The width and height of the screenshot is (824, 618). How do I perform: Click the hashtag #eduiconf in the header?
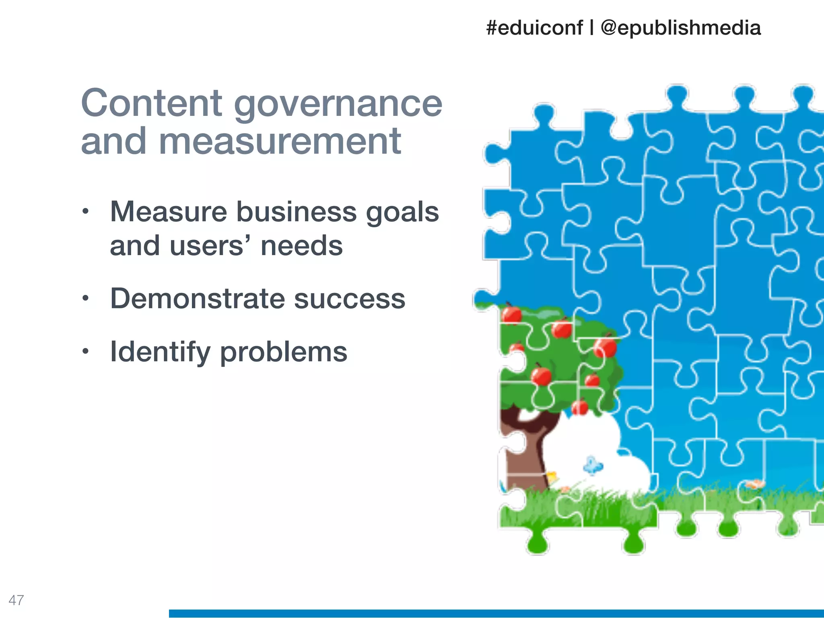(534, 28)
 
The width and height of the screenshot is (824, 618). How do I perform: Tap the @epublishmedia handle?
(680, 28)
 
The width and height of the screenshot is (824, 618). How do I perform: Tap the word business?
(296, 212)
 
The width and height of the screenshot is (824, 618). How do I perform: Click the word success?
(349, 299)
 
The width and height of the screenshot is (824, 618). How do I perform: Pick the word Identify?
(160, 352)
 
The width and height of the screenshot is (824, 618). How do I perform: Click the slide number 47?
(16, 600)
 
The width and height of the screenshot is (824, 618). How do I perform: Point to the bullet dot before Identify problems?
(85, 352)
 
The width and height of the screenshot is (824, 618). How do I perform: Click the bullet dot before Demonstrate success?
(85, 299)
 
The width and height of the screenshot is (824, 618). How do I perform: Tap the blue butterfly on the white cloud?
(592, 466)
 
